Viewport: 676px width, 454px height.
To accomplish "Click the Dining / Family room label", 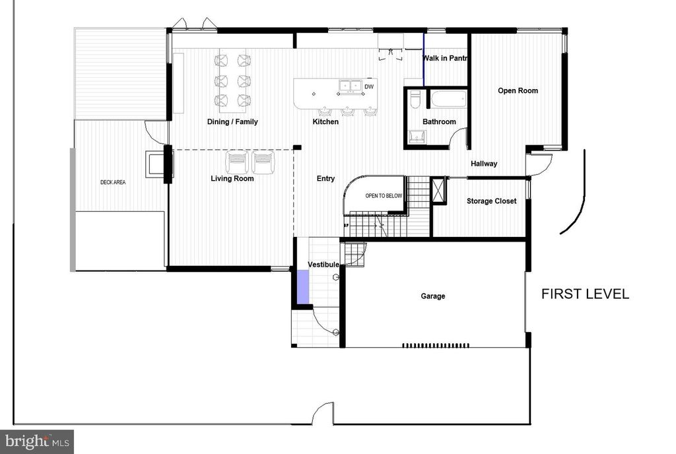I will pos(232,121).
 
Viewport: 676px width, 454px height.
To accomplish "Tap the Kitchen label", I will pos(325,121).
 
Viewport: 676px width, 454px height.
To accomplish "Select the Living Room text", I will pos(232,178).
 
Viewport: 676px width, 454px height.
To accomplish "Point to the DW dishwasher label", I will pos(369,86).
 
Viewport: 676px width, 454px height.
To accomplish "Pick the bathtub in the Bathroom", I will pos(449,100).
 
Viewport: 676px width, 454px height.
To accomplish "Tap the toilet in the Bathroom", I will pos(415,100).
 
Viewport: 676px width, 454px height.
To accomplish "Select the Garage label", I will pos(433,296).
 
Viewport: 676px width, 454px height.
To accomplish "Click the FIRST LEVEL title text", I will pos(585,294).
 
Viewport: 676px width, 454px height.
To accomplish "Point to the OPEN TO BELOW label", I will pos(384,196).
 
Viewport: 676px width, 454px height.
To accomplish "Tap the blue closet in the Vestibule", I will pos(302,287).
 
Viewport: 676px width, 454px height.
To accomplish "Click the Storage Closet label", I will pos(492,201).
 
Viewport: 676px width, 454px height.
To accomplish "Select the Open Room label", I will pos(518,90).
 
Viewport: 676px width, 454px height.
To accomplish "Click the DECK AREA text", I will pos(113,182).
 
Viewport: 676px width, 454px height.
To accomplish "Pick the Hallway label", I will pos(484,164).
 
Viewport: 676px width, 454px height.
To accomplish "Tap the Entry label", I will pos(325,178).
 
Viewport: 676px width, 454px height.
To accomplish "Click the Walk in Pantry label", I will pos(446,58).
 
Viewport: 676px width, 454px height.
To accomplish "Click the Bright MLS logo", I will pos(37,441).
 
